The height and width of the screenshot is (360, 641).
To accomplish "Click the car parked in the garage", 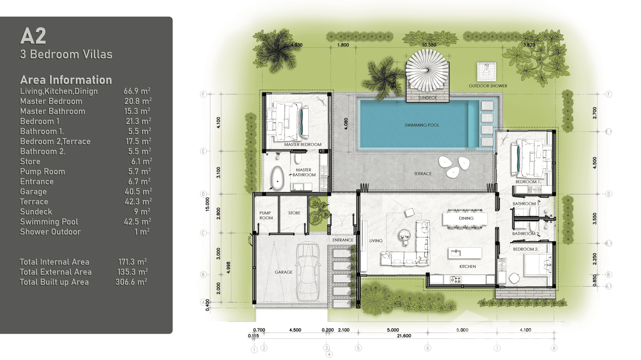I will tap(307, 271).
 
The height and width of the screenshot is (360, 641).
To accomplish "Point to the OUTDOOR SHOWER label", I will tap(488, 86).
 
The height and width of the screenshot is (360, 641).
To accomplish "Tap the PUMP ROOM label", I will tap(266, 215).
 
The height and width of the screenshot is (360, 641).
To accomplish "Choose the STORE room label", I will tap(294, 213).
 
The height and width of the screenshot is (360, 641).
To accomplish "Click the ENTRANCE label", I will tap(343, 240).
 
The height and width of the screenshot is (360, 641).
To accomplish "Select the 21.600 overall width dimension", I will tap(404, 336).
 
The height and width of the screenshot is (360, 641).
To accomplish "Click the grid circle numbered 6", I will tap(427, 348).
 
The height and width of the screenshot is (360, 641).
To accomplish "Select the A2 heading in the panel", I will tap(33, 36).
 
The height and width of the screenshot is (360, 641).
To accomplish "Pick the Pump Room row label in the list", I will tap(43, 171).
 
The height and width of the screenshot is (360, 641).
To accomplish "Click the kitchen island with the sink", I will tap(464, 253).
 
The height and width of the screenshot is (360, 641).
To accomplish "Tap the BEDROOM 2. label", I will tap(525, 249).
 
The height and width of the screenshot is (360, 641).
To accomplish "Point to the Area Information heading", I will tap(66, 80).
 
